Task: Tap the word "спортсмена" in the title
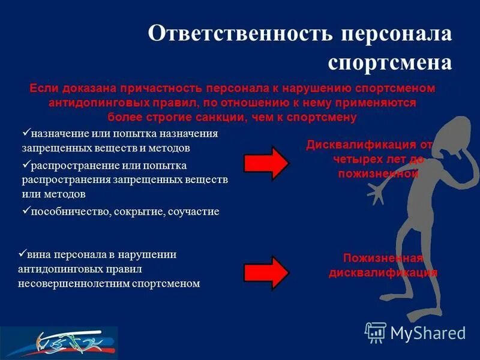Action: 389,62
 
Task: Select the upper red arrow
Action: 266,163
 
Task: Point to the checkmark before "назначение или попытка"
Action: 25,133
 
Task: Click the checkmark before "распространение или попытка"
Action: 25,164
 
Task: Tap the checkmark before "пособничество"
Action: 25,211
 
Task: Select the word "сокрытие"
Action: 143,211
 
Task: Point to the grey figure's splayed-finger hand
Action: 377,193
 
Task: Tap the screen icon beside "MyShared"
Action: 376,332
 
